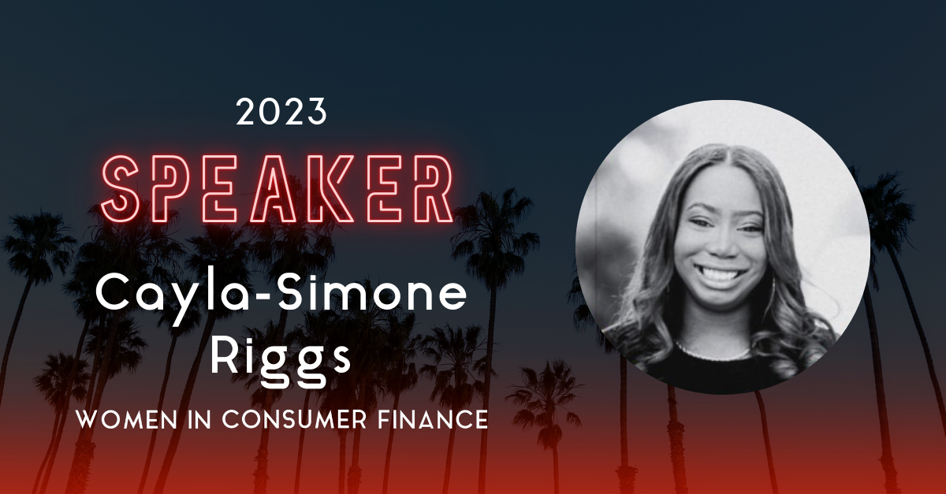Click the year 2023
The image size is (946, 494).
tap(281, 113)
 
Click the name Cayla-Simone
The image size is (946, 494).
tap(281, 295)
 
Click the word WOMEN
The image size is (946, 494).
tap(120, 420)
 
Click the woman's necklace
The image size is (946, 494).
tap(713, 347)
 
